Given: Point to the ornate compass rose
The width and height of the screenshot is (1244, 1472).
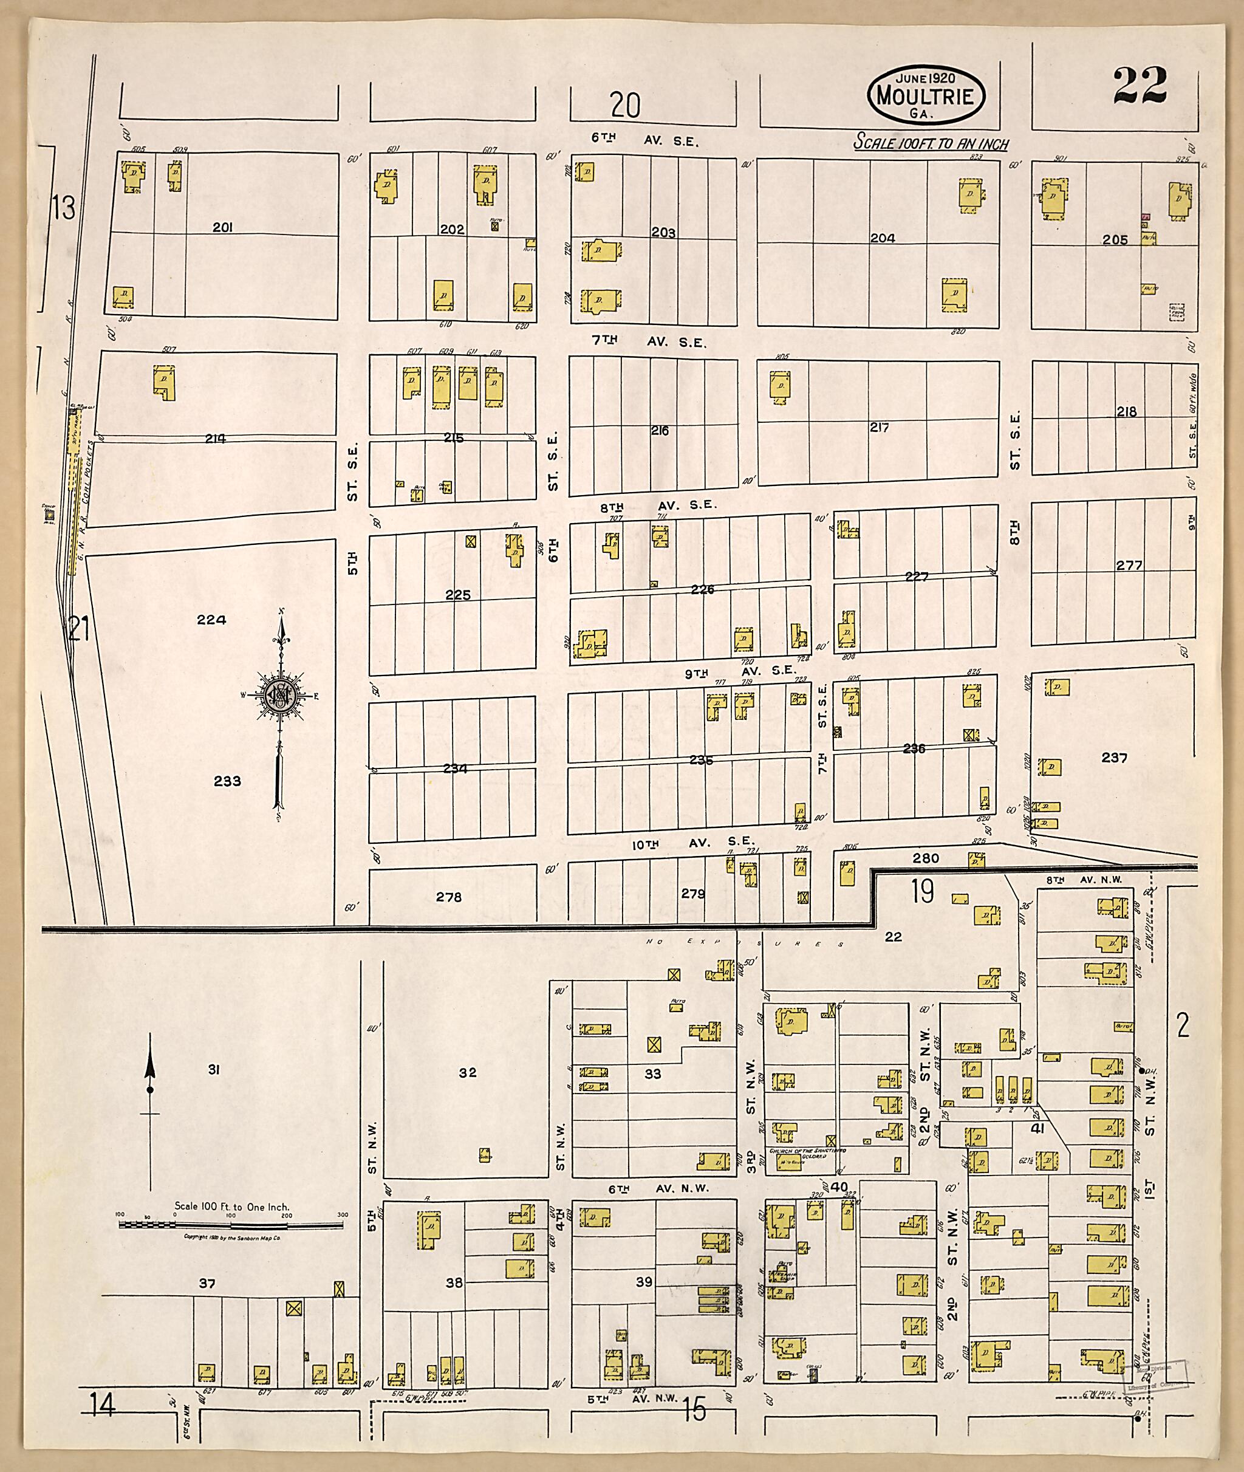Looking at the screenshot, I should pos(281,695).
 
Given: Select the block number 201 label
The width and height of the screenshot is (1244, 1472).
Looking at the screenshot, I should pos(223,227).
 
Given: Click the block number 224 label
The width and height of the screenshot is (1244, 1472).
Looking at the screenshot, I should pos(211,620).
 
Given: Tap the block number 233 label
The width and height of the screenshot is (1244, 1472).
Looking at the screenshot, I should pos(227,781).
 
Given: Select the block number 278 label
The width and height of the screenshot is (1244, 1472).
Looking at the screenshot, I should pos(448,897).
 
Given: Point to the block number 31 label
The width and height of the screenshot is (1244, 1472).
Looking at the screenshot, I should pos(214,1070).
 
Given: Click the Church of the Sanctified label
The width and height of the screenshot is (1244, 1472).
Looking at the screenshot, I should pos(807,1151).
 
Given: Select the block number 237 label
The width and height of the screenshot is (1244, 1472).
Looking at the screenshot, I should pos(1114,758).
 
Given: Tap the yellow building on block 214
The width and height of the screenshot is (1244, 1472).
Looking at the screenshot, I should pos(165,382).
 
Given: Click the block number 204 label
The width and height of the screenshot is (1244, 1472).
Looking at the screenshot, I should pos(881,238).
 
